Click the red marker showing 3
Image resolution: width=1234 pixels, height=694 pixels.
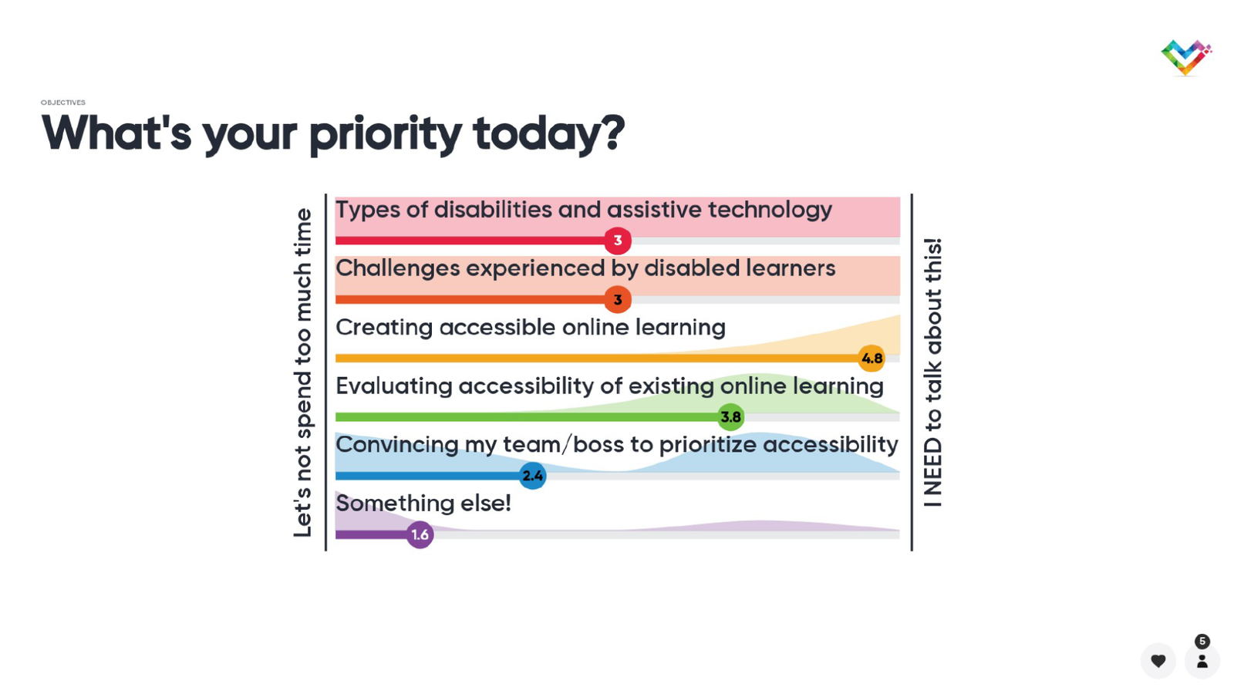pos(618,241)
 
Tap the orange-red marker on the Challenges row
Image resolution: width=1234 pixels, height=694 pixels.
pos(618,300)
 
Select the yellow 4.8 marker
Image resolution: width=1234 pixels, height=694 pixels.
pos(872,359)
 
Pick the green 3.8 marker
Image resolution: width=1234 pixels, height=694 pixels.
pos(731,417)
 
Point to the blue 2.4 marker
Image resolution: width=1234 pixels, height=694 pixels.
pos(533,476)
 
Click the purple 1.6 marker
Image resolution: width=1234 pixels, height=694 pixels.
pos(420,535)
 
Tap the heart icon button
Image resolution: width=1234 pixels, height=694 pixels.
pos(1158,660)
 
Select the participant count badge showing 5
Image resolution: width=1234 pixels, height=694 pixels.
pos(1202,642)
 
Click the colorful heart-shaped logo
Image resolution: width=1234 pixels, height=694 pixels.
pos(1186,57)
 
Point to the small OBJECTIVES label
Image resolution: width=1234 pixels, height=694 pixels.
pos(62,103)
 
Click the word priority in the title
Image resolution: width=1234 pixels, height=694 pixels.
pos(385,135)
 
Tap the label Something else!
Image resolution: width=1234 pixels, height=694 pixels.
pos(423,503)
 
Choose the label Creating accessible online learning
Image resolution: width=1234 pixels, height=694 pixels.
pos(531,328)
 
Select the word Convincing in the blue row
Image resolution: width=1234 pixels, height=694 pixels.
pos(396,444)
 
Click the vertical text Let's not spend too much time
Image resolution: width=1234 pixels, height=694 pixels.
pos(303,372)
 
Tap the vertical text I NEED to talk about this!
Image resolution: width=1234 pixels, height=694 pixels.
pos(932,372)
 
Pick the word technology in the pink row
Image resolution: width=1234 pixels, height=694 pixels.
pos(770,211)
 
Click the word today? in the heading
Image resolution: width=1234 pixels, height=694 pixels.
pos(548,134)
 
